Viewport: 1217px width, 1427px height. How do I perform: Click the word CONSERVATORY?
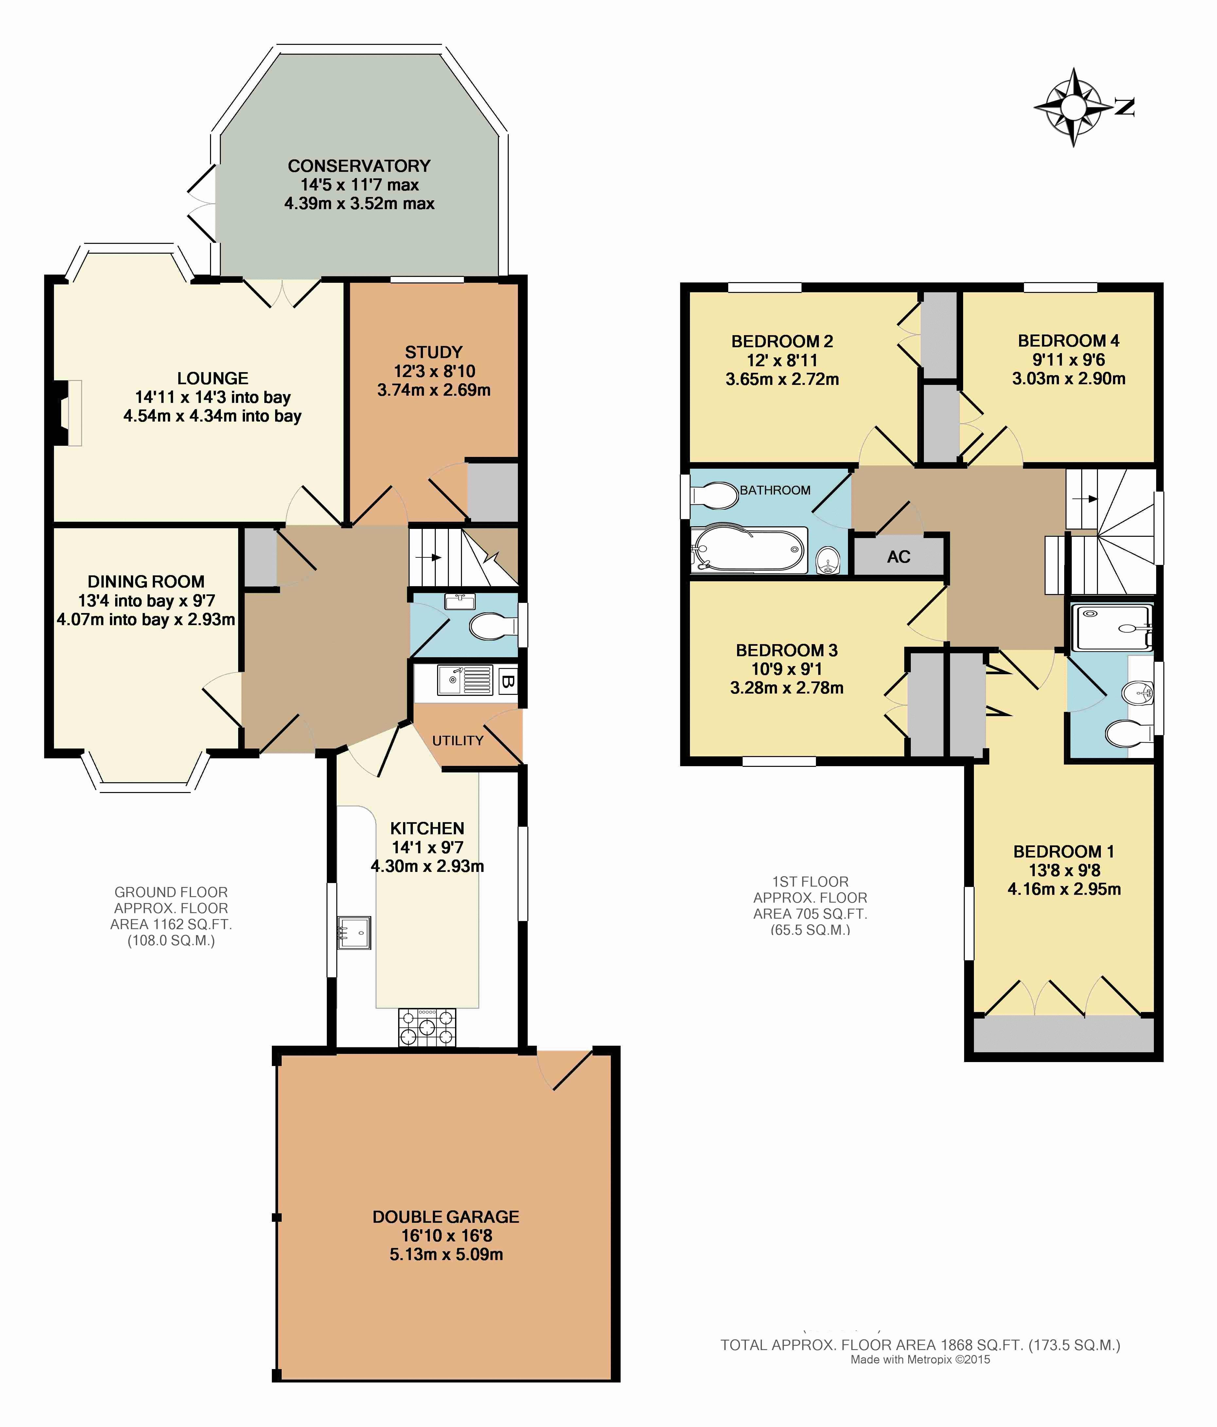[359, 166]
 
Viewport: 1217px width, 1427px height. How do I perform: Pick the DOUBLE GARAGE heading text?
[446, 1217]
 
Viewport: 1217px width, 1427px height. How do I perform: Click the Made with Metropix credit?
[920, 1360]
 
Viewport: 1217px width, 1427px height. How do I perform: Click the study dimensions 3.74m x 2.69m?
[434, 390]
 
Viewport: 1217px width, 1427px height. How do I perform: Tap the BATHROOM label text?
[775, 490]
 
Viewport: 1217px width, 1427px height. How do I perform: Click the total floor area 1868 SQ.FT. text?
[920, 1344]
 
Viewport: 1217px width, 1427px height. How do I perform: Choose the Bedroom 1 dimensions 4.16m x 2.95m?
[1064, 889]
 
